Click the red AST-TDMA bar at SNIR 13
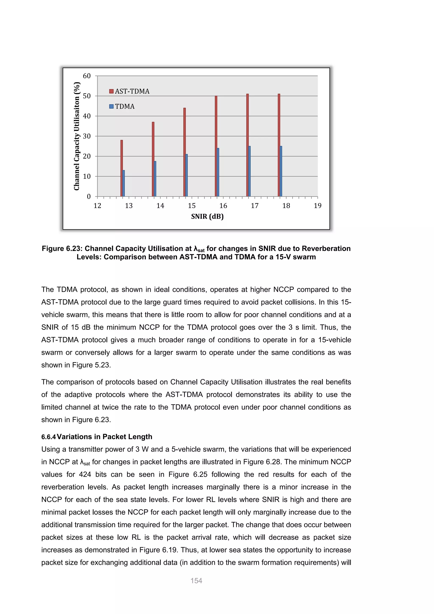pyautogui.click(x=122, y=169)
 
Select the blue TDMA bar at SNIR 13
pyautogui.click(x=124, y=183)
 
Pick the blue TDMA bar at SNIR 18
pyautogui.click(x=281, y=171)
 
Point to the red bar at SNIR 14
pyautogui.click(x=153, y=159)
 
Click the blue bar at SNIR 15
pyautogui.click(x=186, y=175)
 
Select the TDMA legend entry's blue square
pyautogui.click(x=111, y=106)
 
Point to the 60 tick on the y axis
pyautogui.click(x=87, y=76)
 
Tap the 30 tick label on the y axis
pyautogui.click(x=87, y=136)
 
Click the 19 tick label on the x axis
pyautogui.click(x=317, y=206)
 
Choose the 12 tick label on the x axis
pyautogui.click(x=97, y=206)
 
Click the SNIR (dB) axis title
pyautogui.click(x=207, y=216)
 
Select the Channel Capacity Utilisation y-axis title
pyautogui.click(x=77, y=136)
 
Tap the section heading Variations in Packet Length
pyautogui.click(x=104, y=437)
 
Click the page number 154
pyautogui.click(x=196, y=581)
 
